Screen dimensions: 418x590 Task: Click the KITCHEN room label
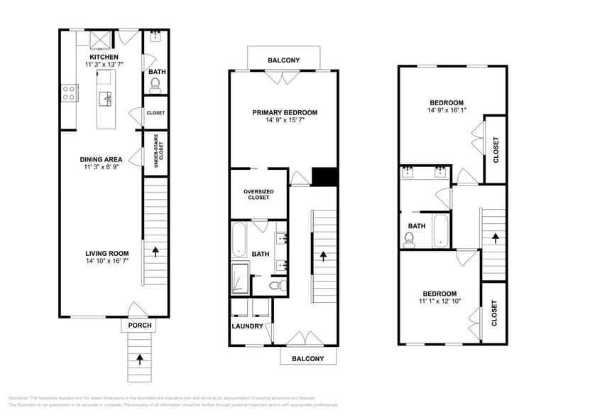click(x=104, y=57)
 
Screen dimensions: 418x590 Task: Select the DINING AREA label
click(x=101, y=159)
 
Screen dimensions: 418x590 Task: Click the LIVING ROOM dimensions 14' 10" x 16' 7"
click(x=106, y=261)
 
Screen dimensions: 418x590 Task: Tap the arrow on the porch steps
click(x=139, y=358)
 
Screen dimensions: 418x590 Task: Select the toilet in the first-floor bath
click(x=156, y=85)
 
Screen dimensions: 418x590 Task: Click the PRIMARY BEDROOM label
click(x=285, y=112)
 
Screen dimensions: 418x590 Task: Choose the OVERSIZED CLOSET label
click(x=258, y=194)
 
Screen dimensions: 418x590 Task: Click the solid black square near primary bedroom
click(x=324, y=176)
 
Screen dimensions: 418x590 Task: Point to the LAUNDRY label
click(x=248, y=327)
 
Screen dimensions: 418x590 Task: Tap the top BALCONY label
click(x=283, y=60)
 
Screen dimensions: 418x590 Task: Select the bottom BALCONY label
click(x=307, y=359)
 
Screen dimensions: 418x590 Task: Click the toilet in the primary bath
click(x=278, y=285)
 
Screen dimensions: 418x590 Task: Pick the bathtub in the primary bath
click(x=238, y=240)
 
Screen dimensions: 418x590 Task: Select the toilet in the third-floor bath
click(x=408, y=240)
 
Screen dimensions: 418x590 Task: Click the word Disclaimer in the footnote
click(x=21, y=398)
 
